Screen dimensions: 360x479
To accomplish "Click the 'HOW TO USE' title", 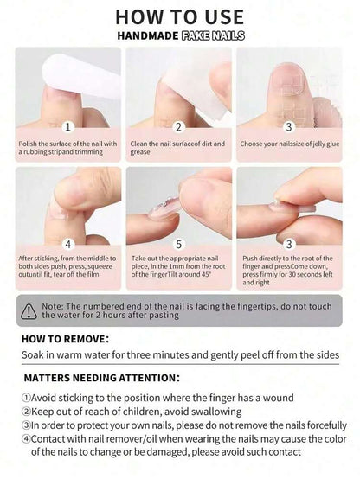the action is (180, 16).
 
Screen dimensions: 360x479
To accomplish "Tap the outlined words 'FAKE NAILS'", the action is (213, 35).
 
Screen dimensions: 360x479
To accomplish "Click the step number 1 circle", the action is (67, 126).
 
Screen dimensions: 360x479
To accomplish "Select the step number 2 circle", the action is (178, 126).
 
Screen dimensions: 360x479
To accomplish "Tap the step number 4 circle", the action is (67, 244).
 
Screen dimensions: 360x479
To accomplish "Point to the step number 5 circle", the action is (178, 244).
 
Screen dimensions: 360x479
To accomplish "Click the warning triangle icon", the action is (29, 311).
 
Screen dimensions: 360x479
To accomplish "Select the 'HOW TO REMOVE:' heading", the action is (65, 339).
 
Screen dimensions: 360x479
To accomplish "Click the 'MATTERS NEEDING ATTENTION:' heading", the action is (101, 378).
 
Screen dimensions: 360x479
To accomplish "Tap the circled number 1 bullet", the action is (26, 398).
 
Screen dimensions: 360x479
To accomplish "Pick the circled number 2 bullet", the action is (26, 412).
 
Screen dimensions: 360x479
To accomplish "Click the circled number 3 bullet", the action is (26, 425).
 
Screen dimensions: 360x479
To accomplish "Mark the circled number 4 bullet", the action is (26, 439).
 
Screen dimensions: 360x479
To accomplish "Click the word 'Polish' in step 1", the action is (28, 144).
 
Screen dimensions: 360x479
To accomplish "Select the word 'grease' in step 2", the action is (140, 152).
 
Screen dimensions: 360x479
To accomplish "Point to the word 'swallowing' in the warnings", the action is (216, 412).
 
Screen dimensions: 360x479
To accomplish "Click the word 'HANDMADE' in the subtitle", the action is (148, 35).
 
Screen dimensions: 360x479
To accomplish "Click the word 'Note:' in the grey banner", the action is (53, 306).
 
